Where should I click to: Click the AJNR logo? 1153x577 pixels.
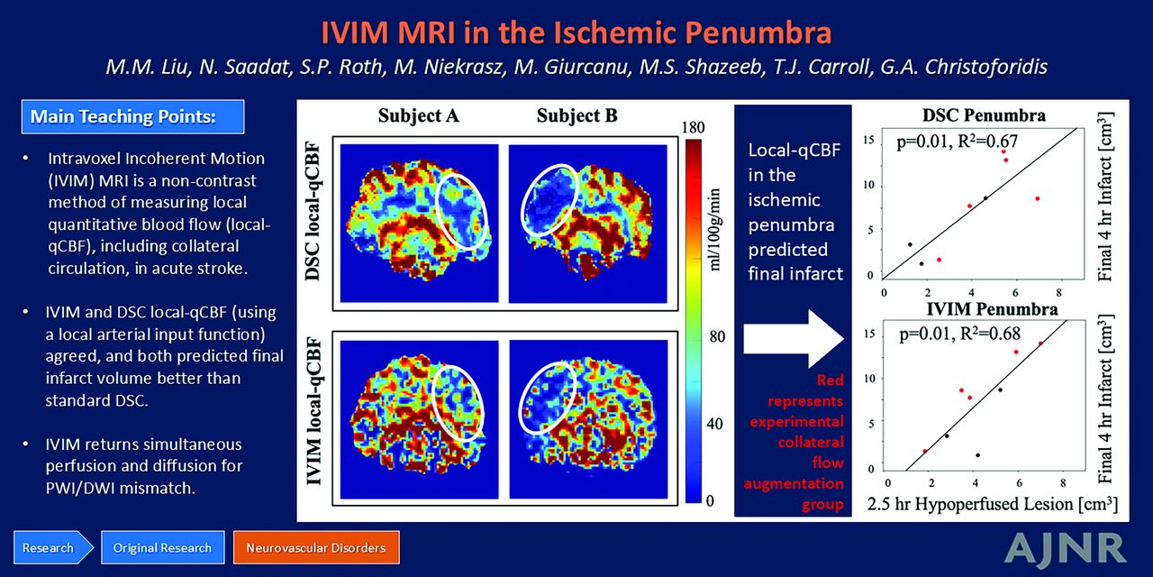coord(1066,549)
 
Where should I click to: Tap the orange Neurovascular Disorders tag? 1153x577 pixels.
coord(316,547)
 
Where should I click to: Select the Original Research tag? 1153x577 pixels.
coord(163,547)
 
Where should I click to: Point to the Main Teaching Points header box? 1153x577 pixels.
coord(132,116)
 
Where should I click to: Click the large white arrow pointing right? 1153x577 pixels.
coord(794,338)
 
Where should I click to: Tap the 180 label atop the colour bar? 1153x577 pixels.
coord(693,128)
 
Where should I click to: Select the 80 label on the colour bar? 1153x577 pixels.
coord(716,336)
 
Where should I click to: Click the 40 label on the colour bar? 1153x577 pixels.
coord(714,424)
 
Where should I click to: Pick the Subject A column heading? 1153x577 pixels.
coord(419,116)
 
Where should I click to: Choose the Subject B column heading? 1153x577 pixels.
coord(577,116)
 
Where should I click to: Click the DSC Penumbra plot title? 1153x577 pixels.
coord(984,115)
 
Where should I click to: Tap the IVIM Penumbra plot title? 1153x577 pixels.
coord(992,309)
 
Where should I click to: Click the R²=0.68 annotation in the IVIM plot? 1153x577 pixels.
coord(990,334)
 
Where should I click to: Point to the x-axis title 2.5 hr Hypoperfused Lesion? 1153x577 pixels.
coord(993,504)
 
